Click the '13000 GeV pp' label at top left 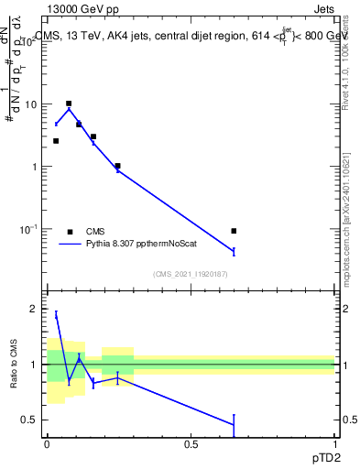click(80, 8)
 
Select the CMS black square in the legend click(70, 232)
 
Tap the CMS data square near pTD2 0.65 click(234, 231)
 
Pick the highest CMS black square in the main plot click(69, 104)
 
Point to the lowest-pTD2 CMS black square click(56, 141)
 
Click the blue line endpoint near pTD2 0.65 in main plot click(234, 251)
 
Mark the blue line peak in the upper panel click(69, 109)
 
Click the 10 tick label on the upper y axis click(30, 104)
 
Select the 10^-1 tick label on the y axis click(28, 228)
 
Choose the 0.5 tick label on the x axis click(191, 444)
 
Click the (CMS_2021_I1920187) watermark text click(190, 274)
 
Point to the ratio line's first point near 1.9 click(56, 314)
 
